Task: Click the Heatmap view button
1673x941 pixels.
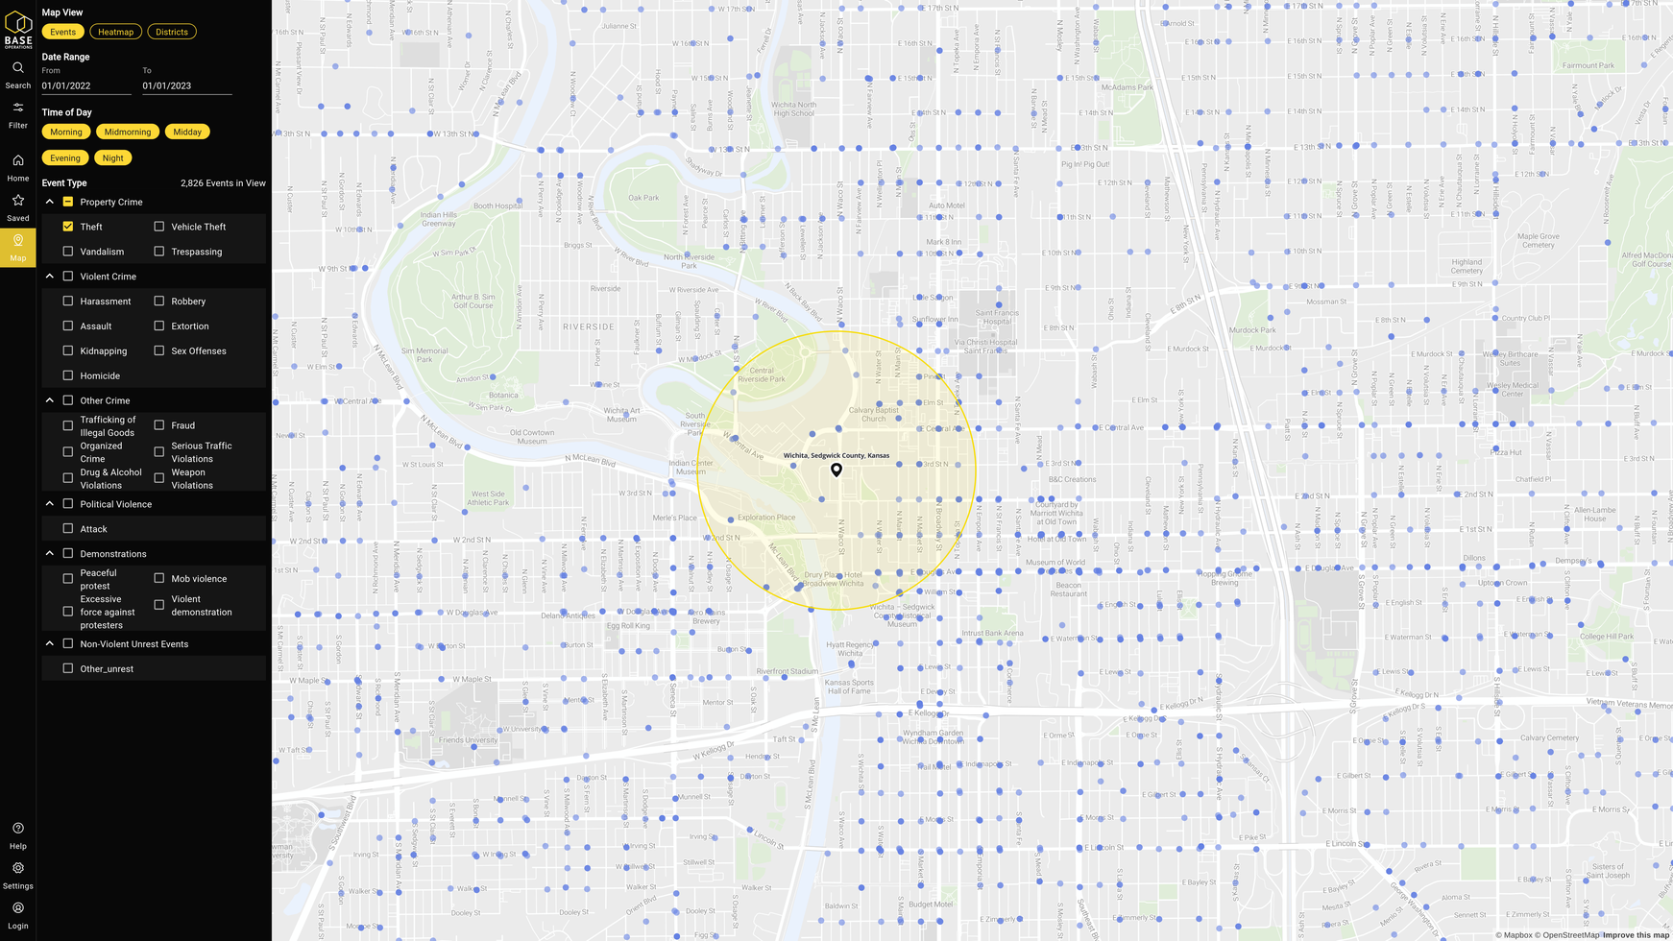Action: [x=115, y=32]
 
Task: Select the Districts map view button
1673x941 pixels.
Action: [x=172, y=32]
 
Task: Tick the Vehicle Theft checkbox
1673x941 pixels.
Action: [x=159, y=227]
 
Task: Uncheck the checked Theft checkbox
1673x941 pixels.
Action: [x=68, y=227]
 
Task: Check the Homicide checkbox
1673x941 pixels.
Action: [x=68, y=375]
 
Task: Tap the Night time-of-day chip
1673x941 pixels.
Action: [x=113, y=157]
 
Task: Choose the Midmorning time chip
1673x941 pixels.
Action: [x=128, y=132]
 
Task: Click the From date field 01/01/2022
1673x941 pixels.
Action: [x=85, y=85]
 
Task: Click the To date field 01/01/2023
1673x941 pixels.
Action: [x=186, y=85]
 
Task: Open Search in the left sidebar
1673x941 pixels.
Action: [x=18, y=73]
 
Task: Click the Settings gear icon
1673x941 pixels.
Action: [x=18, y=868]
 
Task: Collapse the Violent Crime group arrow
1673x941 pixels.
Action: [x=50, y=277]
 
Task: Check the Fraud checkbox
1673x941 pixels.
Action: [x=159, y=425]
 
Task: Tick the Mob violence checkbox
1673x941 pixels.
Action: [x=159, y=578]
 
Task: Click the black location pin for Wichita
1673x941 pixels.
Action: [x=836, y=470]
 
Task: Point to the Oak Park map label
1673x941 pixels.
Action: [x=643, y=198]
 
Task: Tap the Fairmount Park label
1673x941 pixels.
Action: [x=1588, y=65]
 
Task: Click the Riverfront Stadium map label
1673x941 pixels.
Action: [x=787, y=671]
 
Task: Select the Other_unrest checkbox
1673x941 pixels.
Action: [x=68, y=668]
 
